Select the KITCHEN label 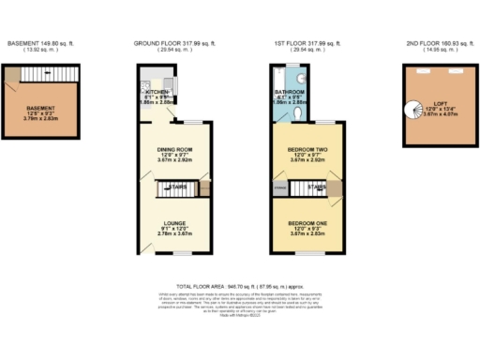tap(155, 93)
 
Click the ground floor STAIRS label tap(175, 188)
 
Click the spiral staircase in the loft tap(419, 107)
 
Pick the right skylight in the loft tap(457, 72)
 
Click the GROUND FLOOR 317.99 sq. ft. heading tap(173, 43)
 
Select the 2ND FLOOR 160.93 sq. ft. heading tap(436, 43)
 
